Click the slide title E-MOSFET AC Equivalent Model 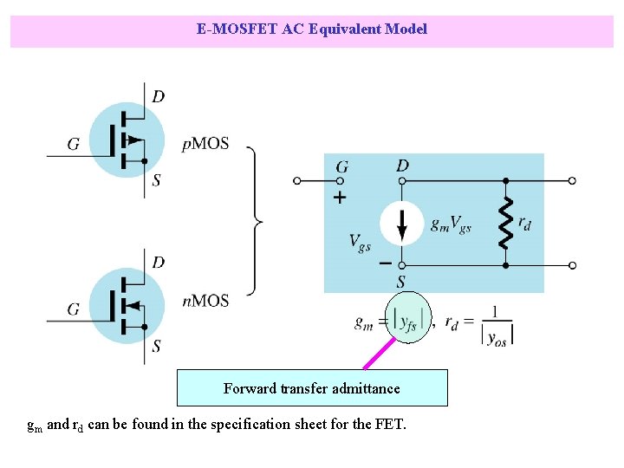[x=312, y=29]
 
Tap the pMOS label [x=205, y=144]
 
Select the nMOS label [x=205, y=301]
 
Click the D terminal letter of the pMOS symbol [x=158, y=96]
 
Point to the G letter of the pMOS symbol [x=74, y=144]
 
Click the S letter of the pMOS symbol [x=156, y=180]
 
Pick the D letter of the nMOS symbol [x=158, y=262]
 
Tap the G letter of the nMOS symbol [x=74, y=309]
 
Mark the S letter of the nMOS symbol [x=156, y=347]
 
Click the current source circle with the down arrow [x=402, y=224]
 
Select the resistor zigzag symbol [x=505, y=224]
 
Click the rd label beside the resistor [x=524, y=224]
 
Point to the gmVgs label [x=451, y=224]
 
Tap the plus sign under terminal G [x=340, y=198]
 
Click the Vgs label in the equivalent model [x=361, y=242]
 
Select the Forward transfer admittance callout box [x=312, y=388]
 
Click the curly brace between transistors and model [x=255, y=222]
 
